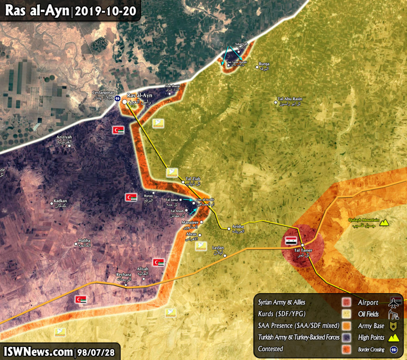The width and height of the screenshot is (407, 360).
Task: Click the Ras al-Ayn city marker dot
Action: point(124,102)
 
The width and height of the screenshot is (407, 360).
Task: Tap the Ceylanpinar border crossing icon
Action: point(118,99)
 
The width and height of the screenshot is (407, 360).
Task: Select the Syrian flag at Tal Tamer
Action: point(291,240)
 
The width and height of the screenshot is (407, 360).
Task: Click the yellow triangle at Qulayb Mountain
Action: point(384,223)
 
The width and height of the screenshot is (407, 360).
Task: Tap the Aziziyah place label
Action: point(64,139)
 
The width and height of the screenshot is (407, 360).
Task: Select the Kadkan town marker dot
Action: point(52,203)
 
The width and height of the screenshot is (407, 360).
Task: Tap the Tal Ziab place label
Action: point(193,180)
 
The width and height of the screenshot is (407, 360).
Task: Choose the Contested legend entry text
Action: point(270,349)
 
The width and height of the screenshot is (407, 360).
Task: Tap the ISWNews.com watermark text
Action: point(38,352)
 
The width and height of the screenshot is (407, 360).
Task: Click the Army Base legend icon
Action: point(393,326)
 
